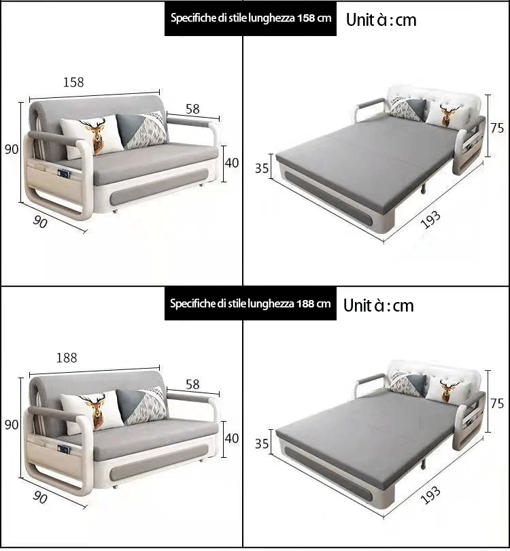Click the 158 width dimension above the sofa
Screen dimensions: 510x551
(73, 82)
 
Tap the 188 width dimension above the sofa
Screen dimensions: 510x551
(67, 358)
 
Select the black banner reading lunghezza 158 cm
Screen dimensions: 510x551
(250, 18)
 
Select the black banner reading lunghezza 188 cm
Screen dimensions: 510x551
(250, 303)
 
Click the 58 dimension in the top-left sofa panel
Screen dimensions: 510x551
(192, 109)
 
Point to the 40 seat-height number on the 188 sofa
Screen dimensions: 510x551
(232, 438)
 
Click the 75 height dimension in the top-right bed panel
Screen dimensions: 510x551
(497, 128)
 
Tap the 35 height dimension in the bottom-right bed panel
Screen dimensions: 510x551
(262, 444)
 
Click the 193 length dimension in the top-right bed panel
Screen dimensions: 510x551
(430, 219)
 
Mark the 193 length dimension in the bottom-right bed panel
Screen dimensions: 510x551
(430, 495)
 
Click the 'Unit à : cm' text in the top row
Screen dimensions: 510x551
(381, 20)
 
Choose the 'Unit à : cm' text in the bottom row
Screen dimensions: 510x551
(379, 305)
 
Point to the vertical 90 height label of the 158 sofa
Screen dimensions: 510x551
(12, 150)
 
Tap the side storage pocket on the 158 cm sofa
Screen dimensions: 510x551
(52, 181)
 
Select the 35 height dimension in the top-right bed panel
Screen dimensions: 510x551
(262, 168)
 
